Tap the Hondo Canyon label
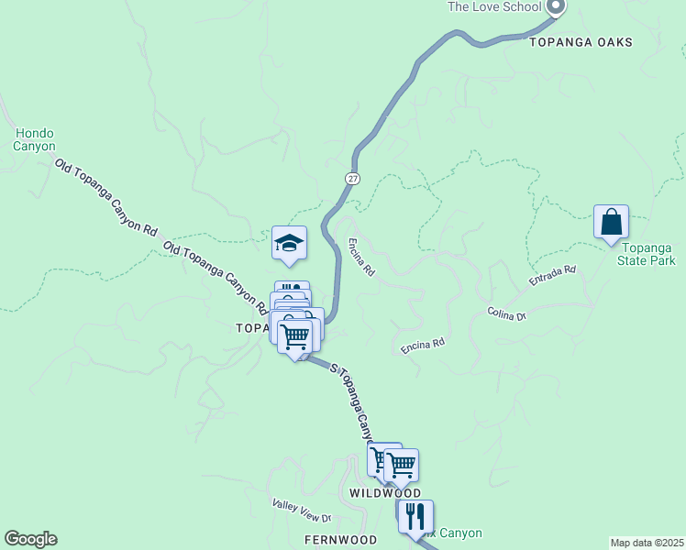tap(35, 139)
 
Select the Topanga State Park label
tap(647, 253)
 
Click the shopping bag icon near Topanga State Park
tap(611, 223)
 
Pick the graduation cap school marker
tap(289, 243)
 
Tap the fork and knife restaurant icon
tap(415, 517)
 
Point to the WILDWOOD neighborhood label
tap(385, 493)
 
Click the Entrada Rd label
tap(552, 277)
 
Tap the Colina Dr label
tap(506, 315)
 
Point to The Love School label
tap(493, 7)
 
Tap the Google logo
tap(30, 539)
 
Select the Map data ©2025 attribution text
tap(647, 543)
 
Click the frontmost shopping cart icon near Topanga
tap(294, 336)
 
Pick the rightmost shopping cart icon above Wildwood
tap(401, 465)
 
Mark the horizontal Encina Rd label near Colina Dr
tap(423, 346)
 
